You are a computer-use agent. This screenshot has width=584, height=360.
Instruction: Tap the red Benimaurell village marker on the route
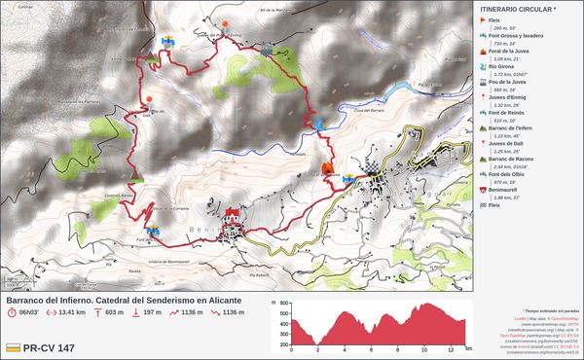[232, 213]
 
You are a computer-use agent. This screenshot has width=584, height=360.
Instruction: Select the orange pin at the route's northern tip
[227, 24]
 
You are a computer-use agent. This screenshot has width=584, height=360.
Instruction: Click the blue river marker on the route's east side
[318, 123]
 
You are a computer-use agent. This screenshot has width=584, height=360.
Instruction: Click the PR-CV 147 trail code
[49, 347]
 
